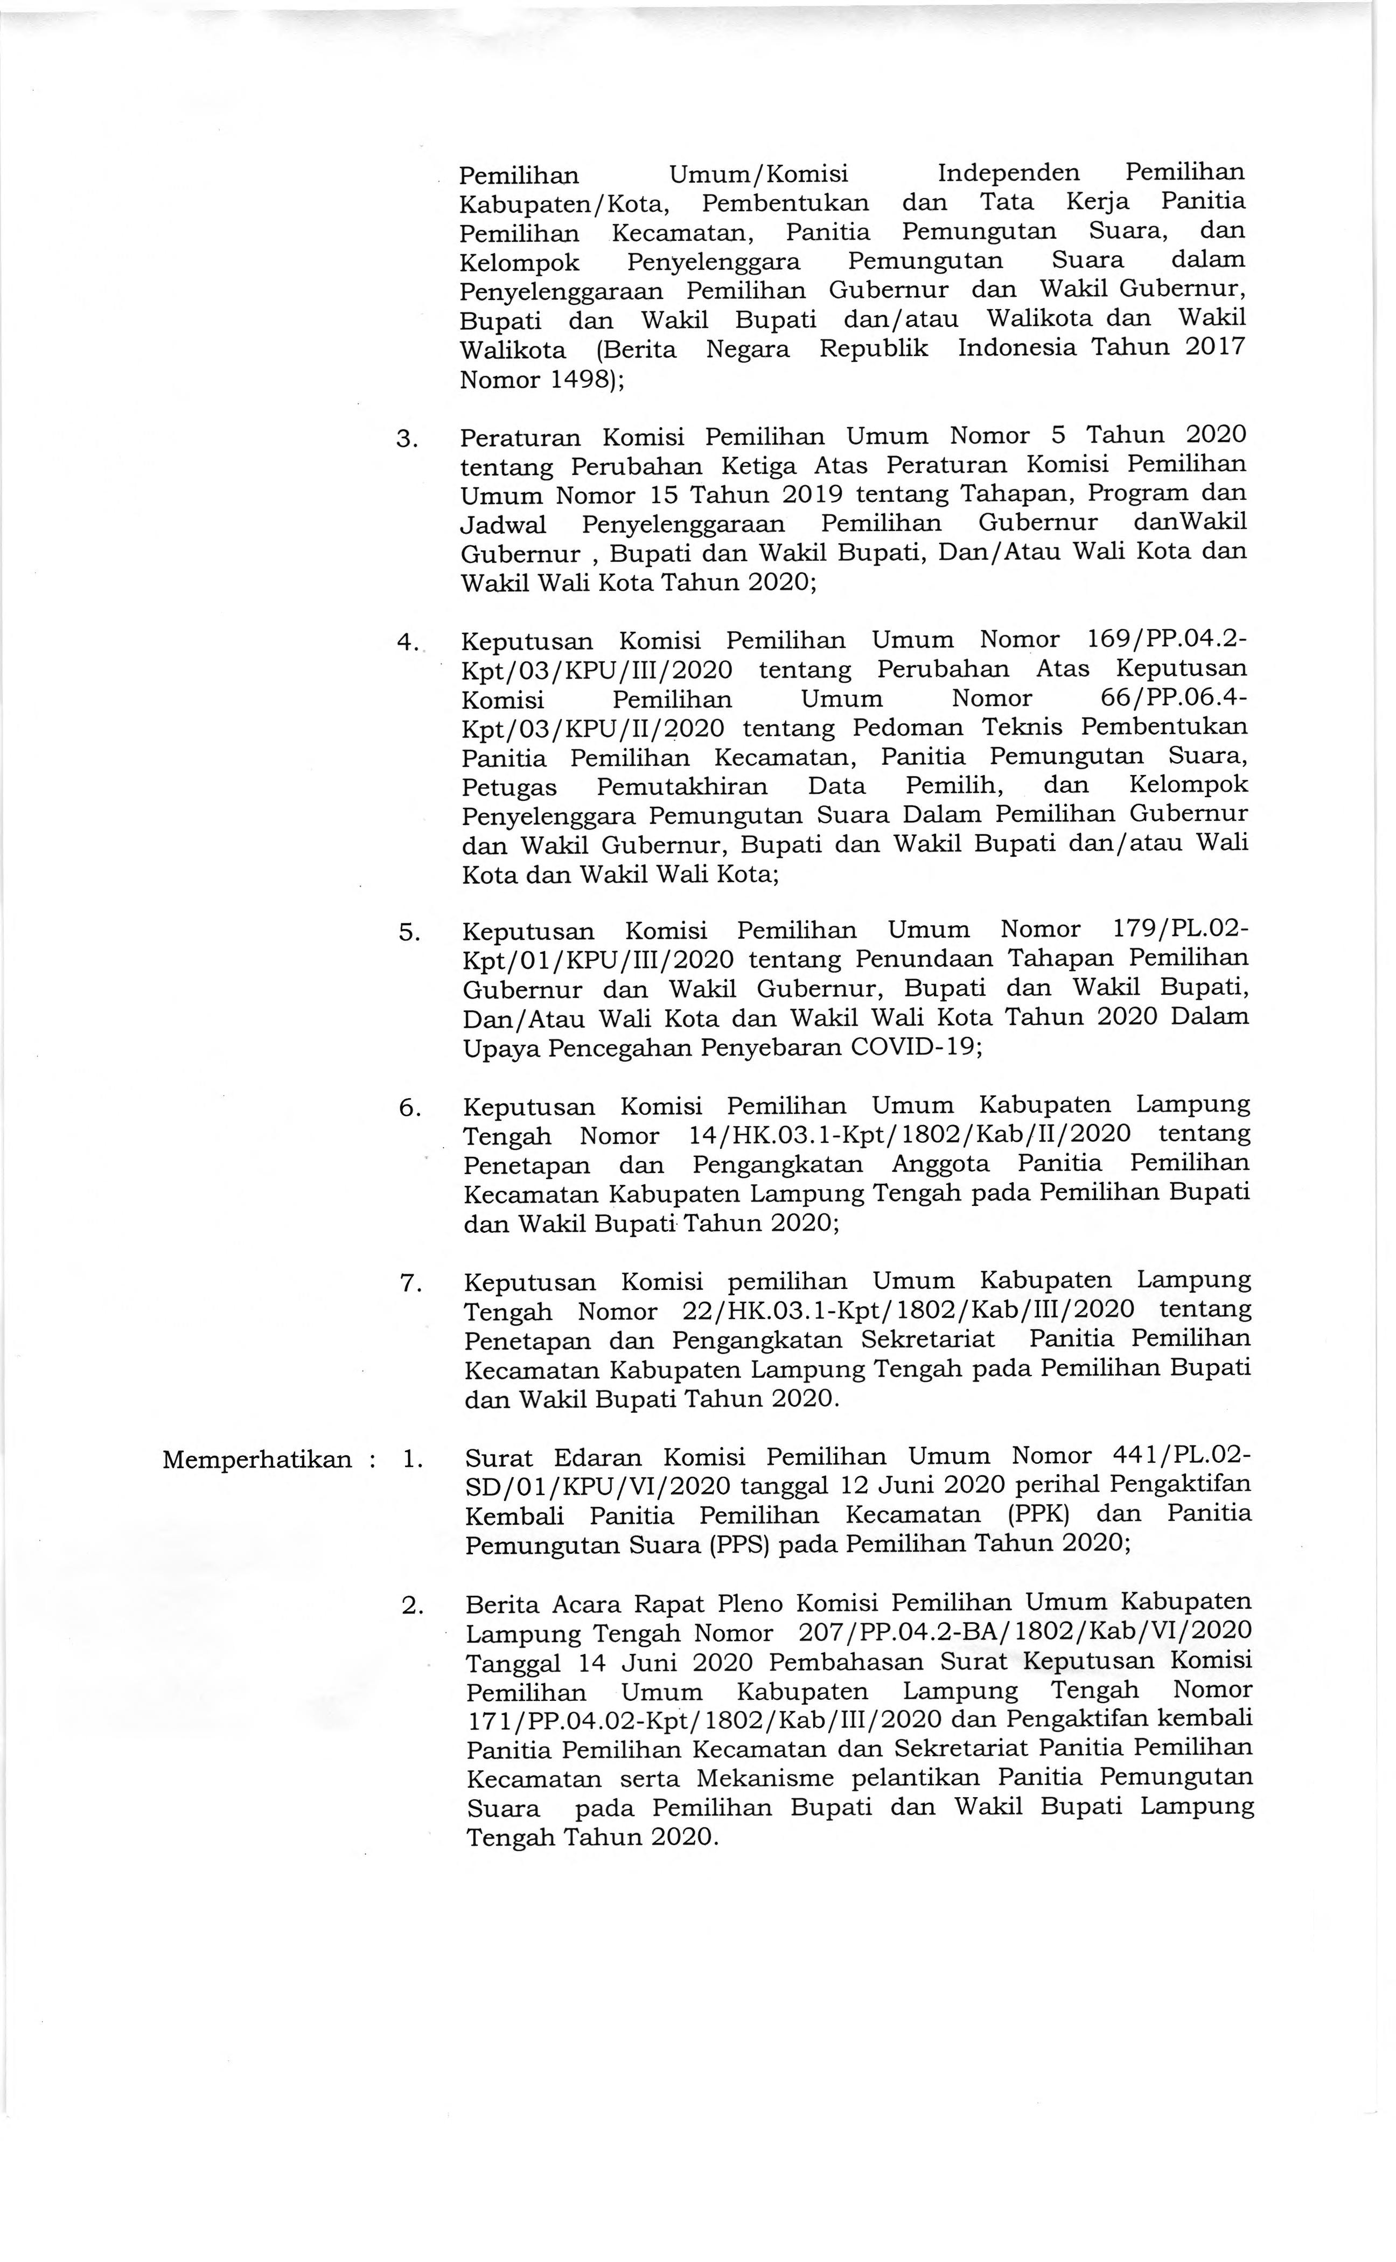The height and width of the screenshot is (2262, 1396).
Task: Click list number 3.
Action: pos(407,438)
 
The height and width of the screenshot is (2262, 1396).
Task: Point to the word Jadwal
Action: pos(503,525)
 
